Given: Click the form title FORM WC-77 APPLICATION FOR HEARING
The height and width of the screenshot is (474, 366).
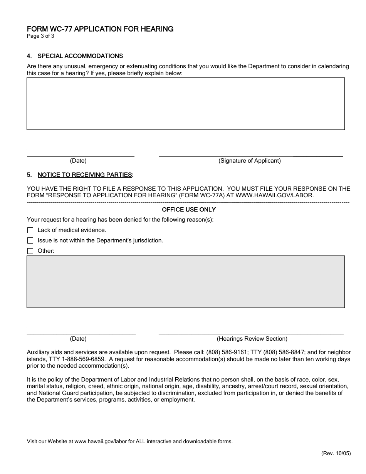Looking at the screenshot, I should click(100, 29).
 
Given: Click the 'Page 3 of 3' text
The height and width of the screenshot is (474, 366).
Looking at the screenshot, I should click(40, 37).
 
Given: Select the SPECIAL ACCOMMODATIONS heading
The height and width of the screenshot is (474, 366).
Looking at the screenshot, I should click(80, 56).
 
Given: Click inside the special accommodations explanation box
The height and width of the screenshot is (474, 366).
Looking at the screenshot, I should click(185, 104).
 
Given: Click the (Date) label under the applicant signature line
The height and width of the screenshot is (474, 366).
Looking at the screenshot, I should click(78, 161).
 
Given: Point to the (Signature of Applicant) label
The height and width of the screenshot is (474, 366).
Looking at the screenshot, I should click(250, 161).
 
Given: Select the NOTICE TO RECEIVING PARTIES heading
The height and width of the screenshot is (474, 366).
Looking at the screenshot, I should click(85, 175).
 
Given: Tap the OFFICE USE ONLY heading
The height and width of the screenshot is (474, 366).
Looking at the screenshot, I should click(189, 210).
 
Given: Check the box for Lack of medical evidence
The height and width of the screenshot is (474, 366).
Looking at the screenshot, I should click(30, 230).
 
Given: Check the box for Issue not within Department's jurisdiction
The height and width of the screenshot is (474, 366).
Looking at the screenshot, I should click(30, 241).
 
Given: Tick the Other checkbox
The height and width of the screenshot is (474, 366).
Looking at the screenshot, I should click(30, 251).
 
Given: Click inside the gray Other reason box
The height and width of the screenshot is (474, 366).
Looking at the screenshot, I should click(185, 282).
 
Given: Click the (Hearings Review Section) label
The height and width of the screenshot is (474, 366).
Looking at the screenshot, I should click(252, 339).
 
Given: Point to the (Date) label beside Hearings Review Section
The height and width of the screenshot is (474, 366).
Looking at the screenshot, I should click(78, 339).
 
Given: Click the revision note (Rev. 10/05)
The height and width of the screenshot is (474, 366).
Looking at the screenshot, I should click(336, 454).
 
